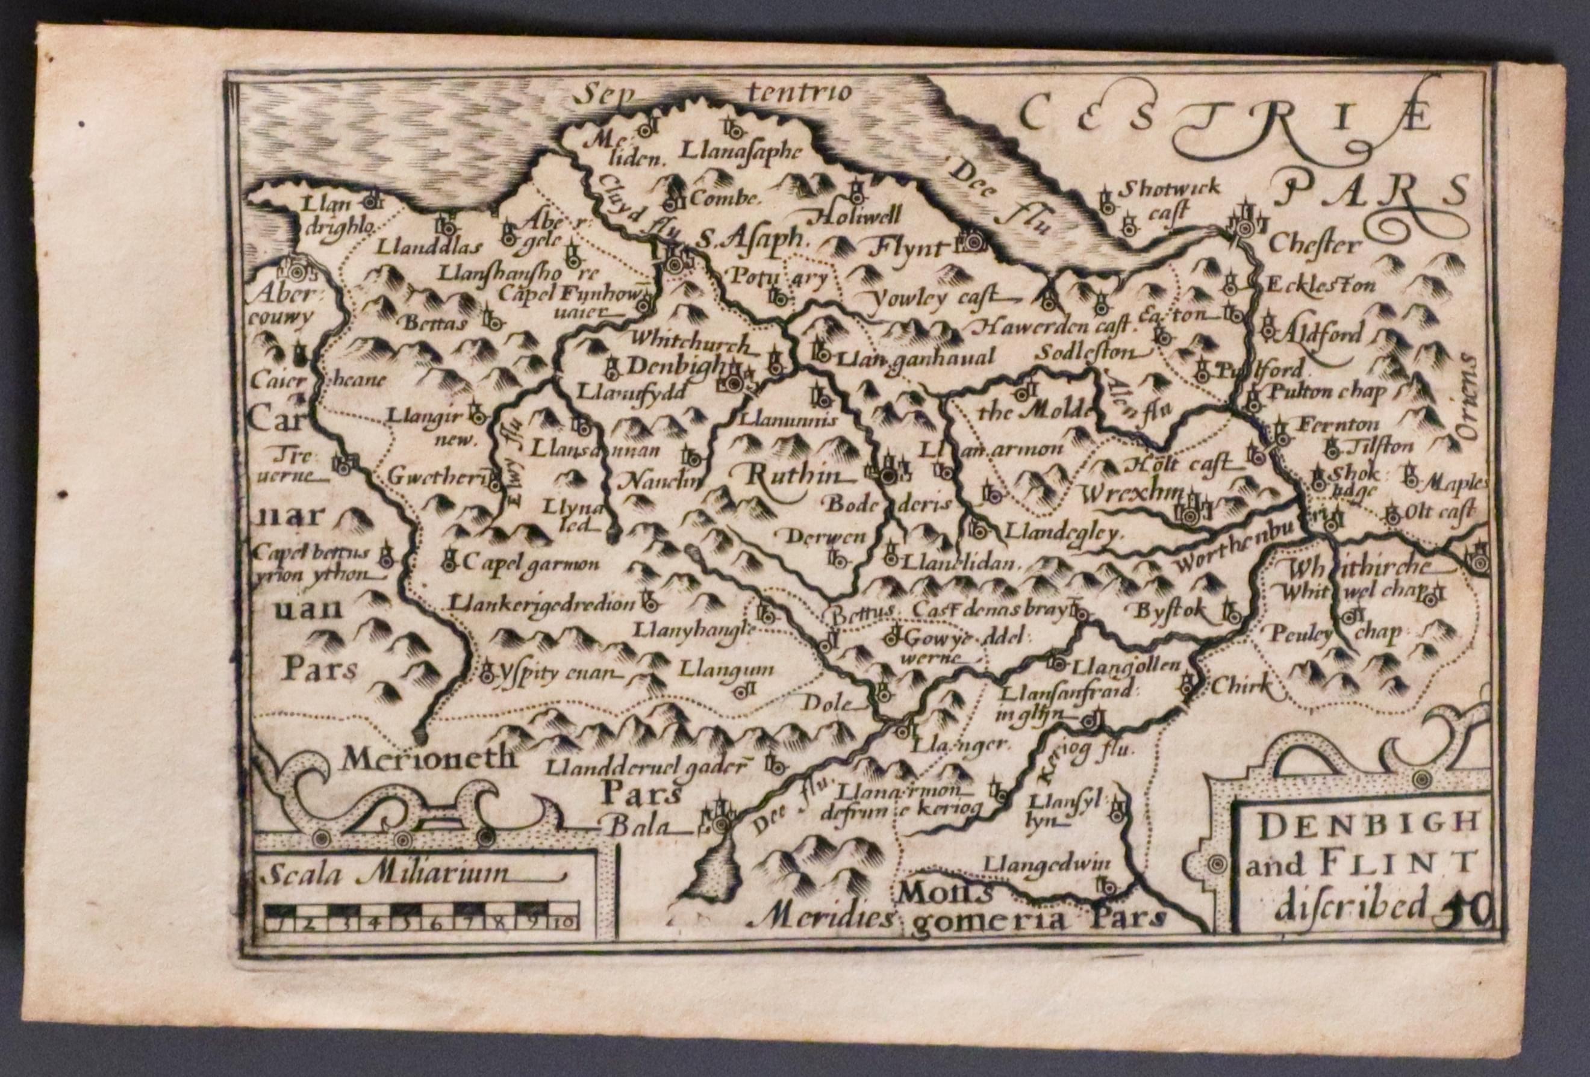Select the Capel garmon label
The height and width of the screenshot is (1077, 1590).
point(531,564)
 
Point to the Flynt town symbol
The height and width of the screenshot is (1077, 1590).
point(969,240)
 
